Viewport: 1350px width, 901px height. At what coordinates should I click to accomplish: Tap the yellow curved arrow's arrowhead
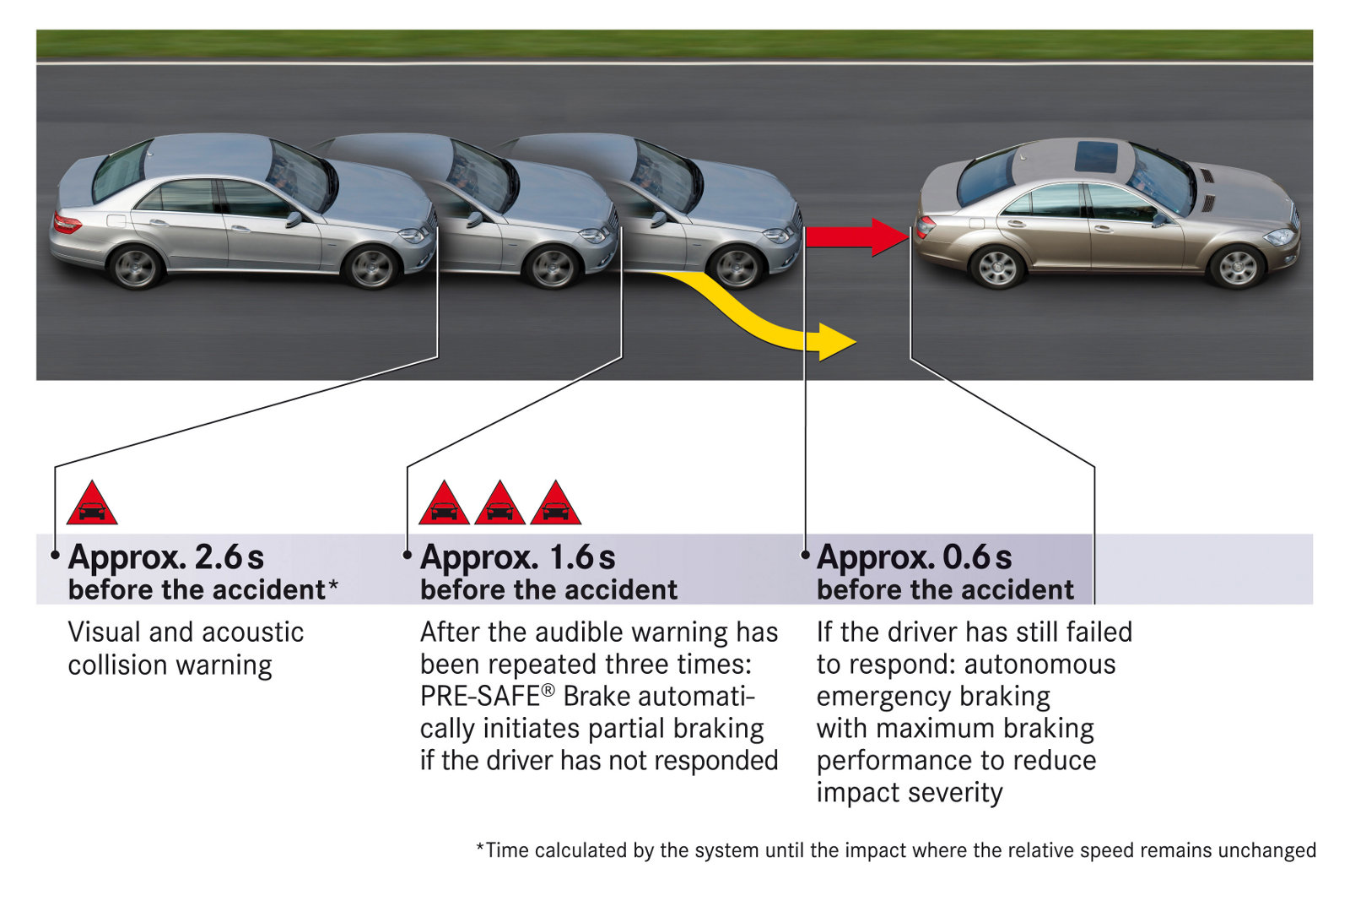point(836,342)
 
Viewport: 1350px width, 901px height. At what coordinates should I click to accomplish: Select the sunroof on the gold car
point(1096,157)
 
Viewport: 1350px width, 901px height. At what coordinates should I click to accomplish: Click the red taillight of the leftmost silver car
point(67,224)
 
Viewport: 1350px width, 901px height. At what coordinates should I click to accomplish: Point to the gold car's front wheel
point(1237,267)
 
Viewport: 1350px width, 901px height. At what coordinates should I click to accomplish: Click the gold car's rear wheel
point(996,267)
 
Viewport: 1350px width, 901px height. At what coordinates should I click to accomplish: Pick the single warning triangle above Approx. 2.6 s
point(91,505)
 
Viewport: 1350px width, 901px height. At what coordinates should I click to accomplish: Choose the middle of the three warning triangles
point(499,505)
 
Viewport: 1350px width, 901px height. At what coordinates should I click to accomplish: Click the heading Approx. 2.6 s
point(166,557)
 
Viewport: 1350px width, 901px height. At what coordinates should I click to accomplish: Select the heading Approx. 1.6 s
point(518,557)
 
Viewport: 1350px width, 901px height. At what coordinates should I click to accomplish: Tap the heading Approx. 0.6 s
point(915,557)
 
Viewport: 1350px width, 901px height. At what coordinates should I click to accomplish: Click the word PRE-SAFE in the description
point(480,697)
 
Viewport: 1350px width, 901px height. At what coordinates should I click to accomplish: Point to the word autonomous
point(1039,665)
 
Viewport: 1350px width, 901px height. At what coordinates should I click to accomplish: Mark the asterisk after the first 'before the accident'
point(333,584)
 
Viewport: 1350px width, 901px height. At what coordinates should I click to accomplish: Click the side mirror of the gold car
point(1161,220)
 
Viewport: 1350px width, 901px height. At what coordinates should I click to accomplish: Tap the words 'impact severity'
point(910,793)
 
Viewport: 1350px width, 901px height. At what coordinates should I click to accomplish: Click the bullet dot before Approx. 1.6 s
point(407,555)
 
